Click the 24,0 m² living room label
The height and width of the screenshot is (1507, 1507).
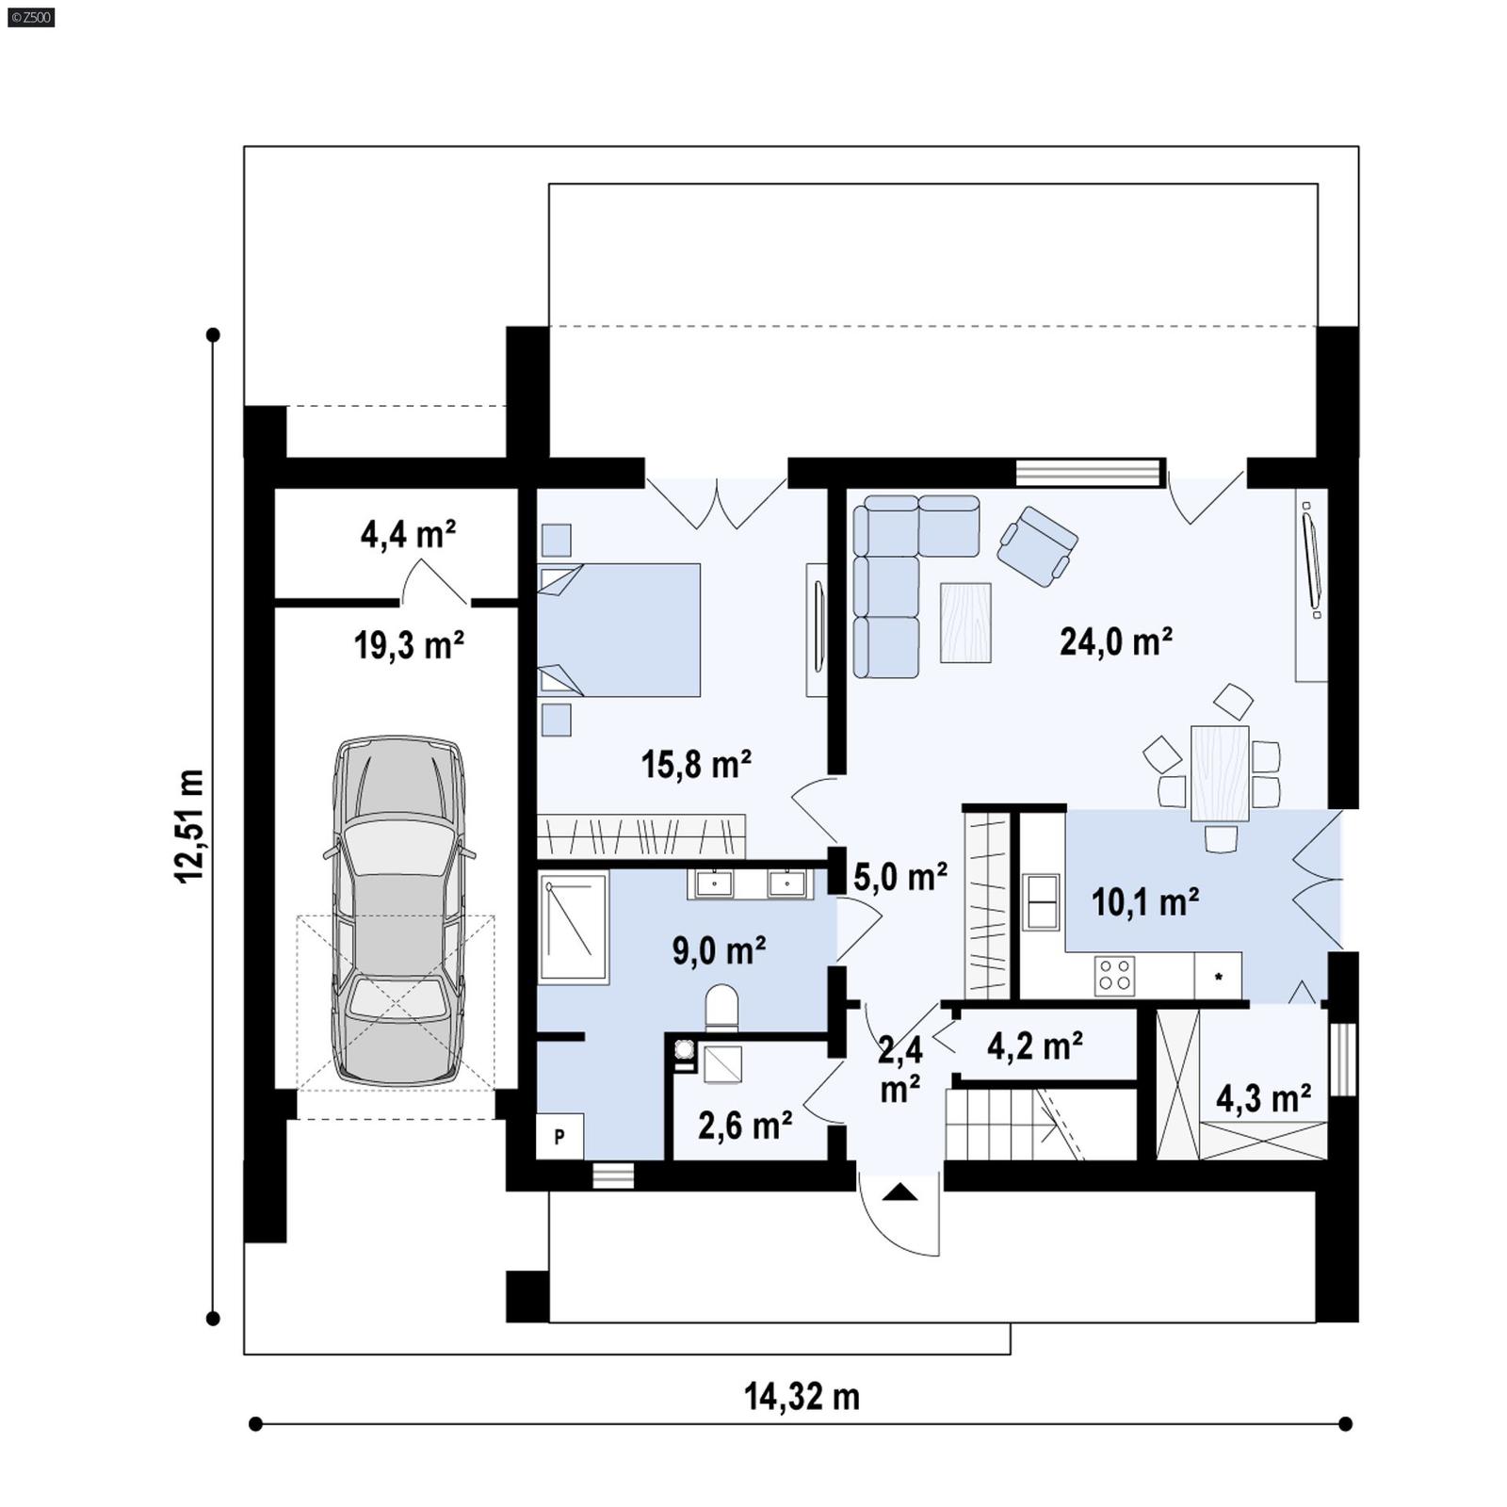pos(1115,642)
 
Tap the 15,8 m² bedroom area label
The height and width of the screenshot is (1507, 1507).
pos(696,764)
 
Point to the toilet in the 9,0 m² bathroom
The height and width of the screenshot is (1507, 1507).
pos(721,1007)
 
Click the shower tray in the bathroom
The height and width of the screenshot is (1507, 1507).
pos(573,928)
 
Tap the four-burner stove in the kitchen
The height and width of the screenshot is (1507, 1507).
pos(1114,975)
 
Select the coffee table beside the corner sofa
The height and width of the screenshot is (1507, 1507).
pos(965,623)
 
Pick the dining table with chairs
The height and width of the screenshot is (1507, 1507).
pos(1220,773)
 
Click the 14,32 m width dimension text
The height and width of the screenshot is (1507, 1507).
pos(802,1397)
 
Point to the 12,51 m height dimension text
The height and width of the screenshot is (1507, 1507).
pos(189,826)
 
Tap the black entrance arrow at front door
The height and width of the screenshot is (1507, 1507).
pos(900,1193)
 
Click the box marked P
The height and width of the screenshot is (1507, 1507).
pos(559,1137)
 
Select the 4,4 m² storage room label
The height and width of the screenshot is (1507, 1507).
pos(408,535)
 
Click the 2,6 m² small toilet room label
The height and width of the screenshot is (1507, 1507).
pos(744,1125)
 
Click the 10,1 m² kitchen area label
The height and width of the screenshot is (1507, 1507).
pos(1144,902)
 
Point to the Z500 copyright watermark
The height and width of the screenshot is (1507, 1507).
pos(30,17)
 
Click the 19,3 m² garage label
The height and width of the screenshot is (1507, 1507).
pos(409,646)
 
